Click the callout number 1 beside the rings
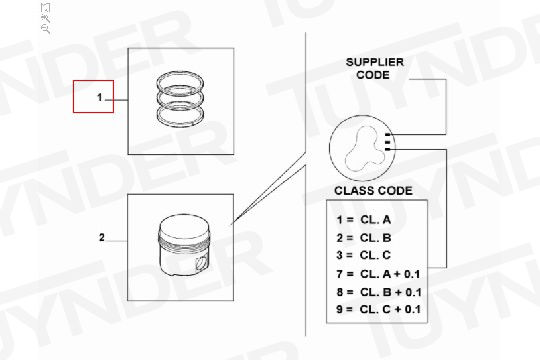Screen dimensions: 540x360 point(100,97)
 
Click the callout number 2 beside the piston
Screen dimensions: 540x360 point(102,237)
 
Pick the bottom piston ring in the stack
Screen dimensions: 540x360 point(180,116)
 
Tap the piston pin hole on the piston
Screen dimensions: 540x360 point(201,264)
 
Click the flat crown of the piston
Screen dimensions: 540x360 point(184,227)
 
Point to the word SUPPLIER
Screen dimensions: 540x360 point(375,62)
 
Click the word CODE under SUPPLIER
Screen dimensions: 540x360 point(373,75)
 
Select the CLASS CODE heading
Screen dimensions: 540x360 point(373,191)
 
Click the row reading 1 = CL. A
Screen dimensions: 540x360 point(364,219)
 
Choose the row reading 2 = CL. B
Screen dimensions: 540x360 point(364,238)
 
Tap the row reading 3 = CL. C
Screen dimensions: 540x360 point(364,255)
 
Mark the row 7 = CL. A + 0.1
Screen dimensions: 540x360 point(378,274)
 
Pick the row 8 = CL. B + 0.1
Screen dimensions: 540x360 point(379,292)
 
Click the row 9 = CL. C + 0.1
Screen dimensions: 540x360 point(378,309)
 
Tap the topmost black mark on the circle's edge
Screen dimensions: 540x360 point(388,134)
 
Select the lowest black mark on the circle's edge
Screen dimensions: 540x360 point(388,149)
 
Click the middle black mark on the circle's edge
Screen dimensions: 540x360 point(388,142)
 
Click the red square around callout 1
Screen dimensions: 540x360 point(73,96)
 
